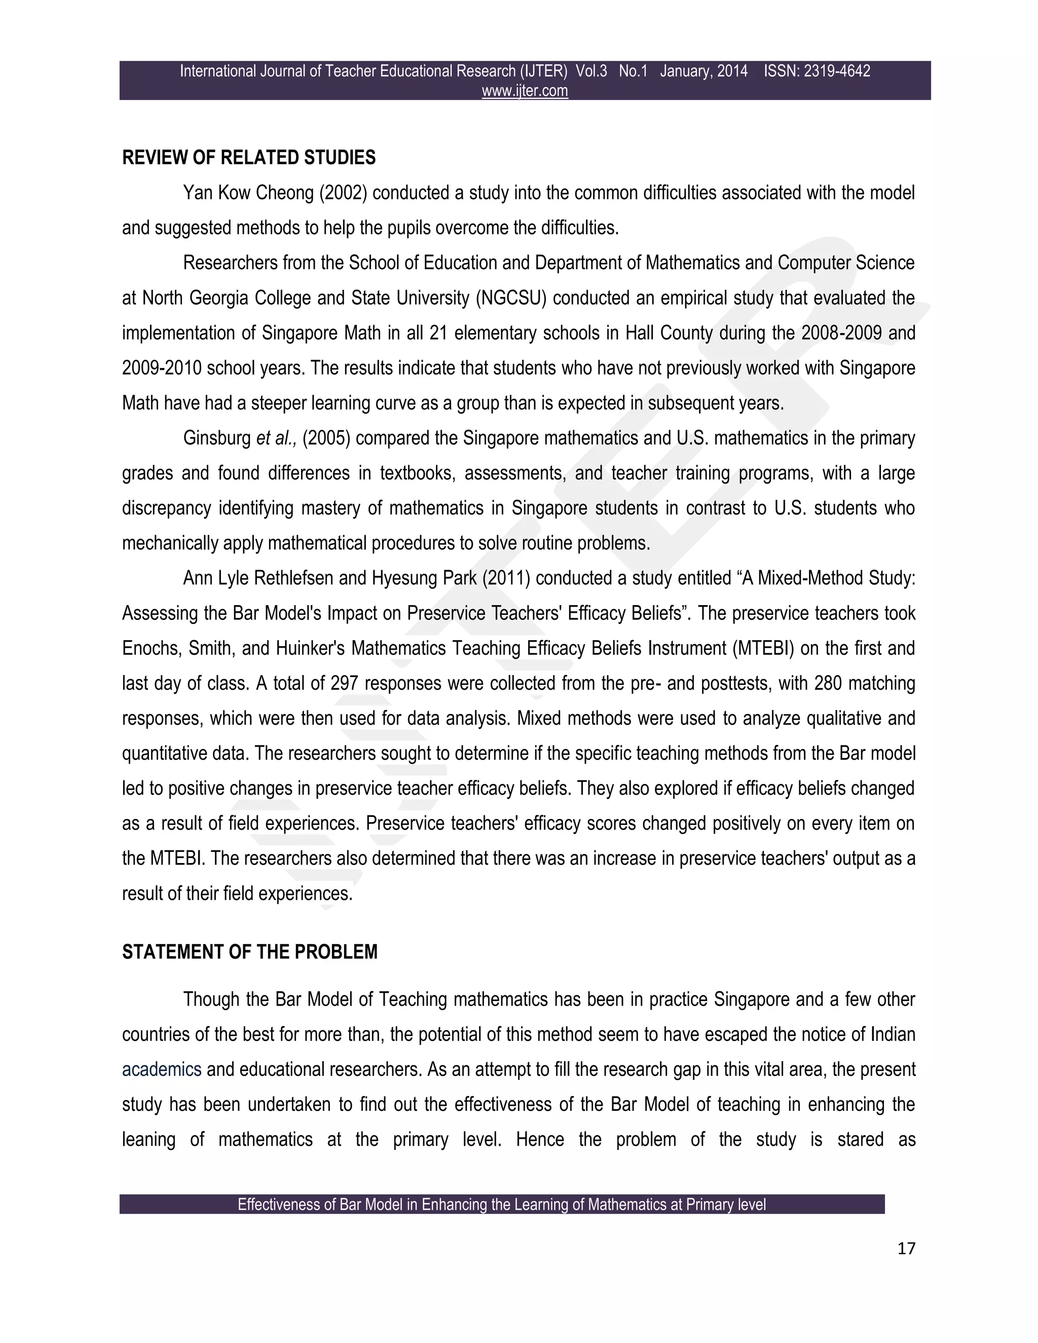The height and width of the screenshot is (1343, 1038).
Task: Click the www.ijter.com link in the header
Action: (525, 91)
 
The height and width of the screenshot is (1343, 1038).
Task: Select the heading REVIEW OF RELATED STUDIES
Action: (248, 158)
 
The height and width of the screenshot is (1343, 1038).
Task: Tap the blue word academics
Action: (162, 1070)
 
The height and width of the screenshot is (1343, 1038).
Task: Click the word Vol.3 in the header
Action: (591, 71)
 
